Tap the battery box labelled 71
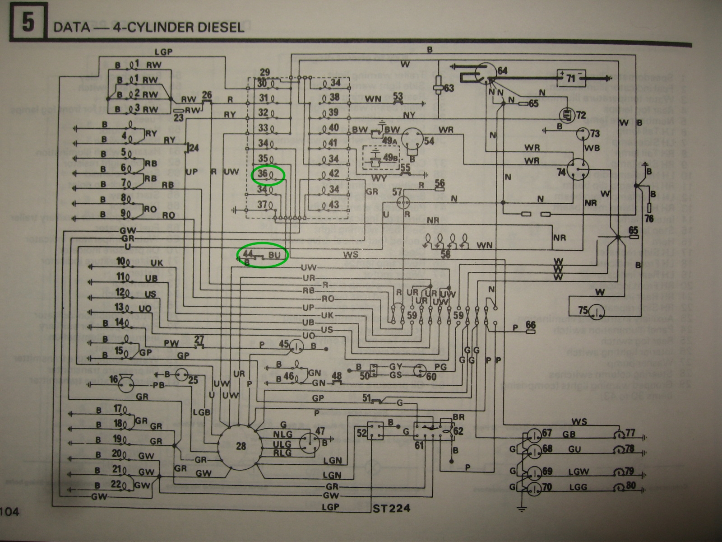click(x=571, y=78)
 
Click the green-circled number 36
click(x=268, y=175)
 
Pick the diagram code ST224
click(x=392, y=508)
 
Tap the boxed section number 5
click(x=27, y=23)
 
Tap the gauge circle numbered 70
click(x=536, y=488)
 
